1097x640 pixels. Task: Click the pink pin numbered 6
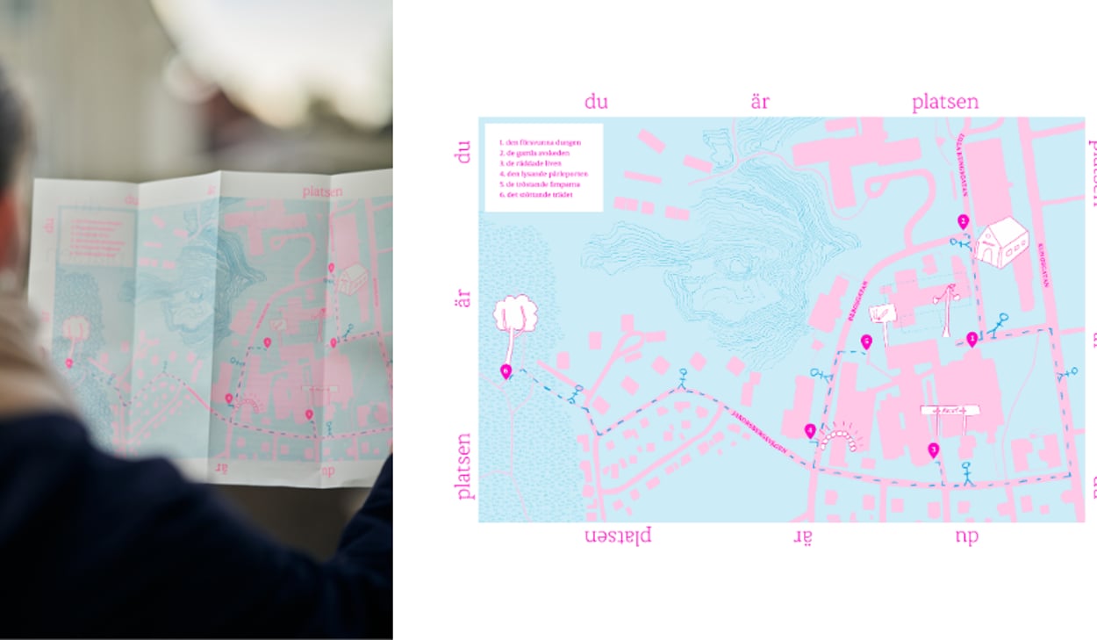tap(505, 371)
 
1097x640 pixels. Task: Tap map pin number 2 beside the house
tap(963, 221)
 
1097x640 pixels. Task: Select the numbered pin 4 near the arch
tap(810, 430)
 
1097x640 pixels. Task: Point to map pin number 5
tap(866, 342)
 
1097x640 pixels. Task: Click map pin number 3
tap(933, 449)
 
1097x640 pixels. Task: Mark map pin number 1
tap(972, 338)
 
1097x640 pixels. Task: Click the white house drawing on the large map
tap(1002, 241)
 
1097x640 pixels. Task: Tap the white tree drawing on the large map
tap(514, 317)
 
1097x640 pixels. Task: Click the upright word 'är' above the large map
tap(760, 103)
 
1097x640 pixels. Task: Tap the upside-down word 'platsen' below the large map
tap(619, 535)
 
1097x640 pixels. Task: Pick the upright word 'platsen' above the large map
tap(944, 103)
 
